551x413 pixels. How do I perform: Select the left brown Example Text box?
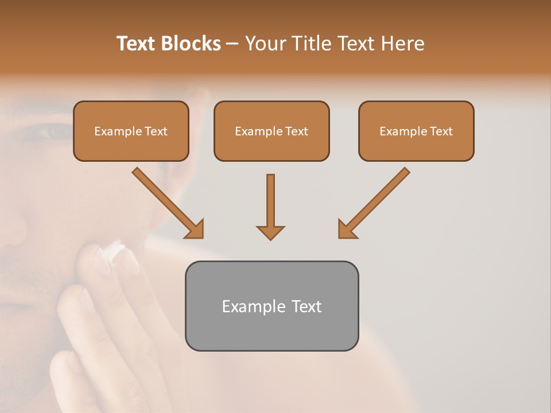pyautogui.click(x=131, y=131)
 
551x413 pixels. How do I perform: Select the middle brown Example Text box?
pyautogui.click(x=271, y=131)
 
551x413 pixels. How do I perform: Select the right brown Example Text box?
pyautogui.click(x=416, y=131)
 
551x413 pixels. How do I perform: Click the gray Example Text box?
pyautogui.click(x=271, y=306)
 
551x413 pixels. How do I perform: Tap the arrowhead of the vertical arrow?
pyautogui.click(x=270, y=232)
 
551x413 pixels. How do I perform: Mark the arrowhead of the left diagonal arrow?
pyautogui.click(x=195, y=229)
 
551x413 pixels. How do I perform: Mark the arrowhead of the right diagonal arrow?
pyautogui.click(x=346, y=229)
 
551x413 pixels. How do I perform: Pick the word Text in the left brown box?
pyautogui.click(x=156, y=131)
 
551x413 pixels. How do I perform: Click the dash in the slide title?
pyautogui.click(x=232, y=44)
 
